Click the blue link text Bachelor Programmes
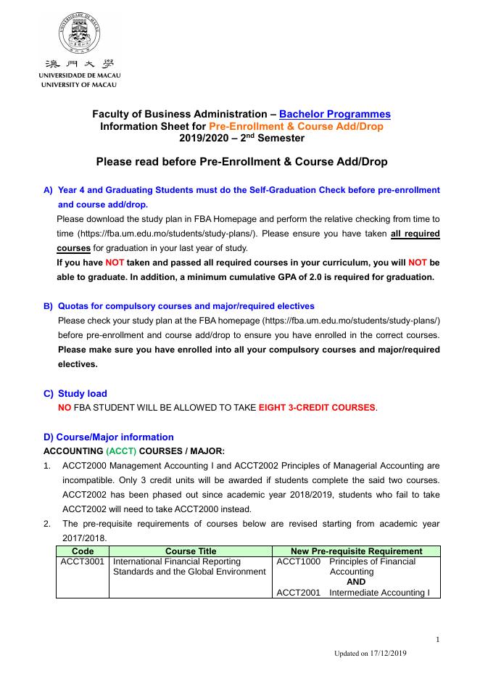tap(334, 114)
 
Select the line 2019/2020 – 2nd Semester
tap(241, 138)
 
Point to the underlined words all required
tap(415, 234)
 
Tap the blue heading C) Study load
tap(82, 393)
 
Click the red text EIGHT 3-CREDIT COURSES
tap(317, 408)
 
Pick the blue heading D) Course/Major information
tap(109, 437)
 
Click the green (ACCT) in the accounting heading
tap(121, 451)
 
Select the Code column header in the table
tap(83, 551)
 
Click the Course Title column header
tap(190, 551)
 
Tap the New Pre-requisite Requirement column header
tap(356, 551)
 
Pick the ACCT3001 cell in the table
tap(83, 561)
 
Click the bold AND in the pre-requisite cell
tap(356, 582)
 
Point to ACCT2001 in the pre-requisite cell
tap(299, 593)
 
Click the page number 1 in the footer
tap(438, 639)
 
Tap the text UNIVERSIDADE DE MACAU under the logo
tap(80, 75)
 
